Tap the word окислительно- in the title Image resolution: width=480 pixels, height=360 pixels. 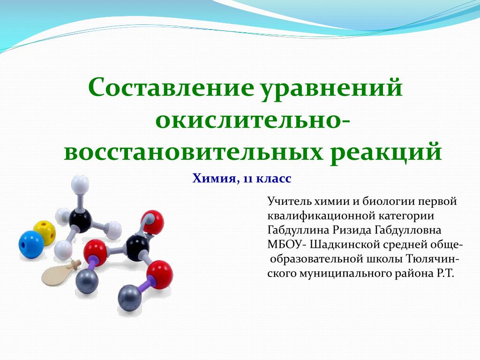[253, 120]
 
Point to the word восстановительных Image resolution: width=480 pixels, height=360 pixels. [193, 151]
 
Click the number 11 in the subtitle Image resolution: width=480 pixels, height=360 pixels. [248, 179]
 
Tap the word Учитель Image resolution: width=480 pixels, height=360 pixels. [290, 202]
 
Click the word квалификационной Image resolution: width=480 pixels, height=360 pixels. [321, 216]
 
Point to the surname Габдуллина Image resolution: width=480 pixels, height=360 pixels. [298, 230]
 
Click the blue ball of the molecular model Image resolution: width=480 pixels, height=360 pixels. [31, 244]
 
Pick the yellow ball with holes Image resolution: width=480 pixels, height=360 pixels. [45, 232]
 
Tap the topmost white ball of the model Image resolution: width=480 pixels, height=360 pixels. [80, 185]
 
